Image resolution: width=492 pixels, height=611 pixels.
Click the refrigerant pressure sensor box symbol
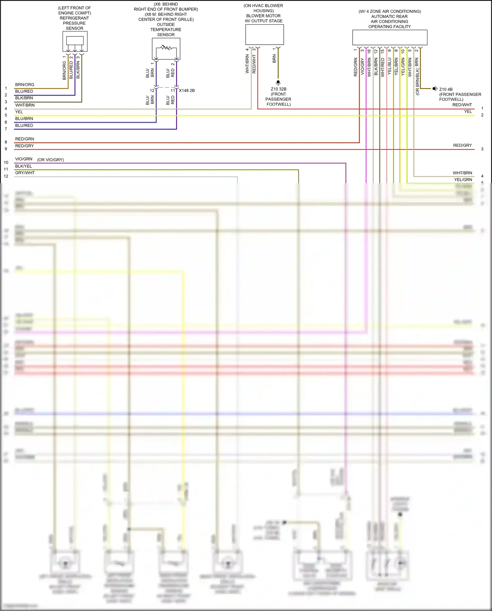pos(75,41)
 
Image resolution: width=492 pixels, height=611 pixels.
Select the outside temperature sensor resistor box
pos(166,49)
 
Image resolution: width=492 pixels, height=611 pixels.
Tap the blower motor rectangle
pos(264,34)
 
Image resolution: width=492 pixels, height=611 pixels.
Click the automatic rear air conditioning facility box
pos(390,37)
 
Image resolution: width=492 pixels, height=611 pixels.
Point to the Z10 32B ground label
pos(278,89)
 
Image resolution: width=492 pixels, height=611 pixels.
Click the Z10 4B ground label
pos(446,89)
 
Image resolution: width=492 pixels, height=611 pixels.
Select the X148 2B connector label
pos(187,91)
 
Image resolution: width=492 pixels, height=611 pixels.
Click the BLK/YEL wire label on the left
pos(24,166)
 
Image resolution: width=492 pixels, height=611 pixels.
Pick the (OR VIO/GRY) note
pos(51,160)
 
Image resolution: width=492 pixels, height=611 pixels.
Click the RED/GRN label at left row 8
pos(25,139)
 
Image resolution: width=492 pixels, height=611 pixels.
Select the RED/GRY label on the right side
pos(462,145)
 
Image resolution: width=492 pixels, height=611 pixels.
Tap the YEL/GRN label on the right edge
pos(463,180)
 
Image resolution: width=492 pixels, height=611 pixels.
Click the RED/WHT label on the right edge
pos(462,105)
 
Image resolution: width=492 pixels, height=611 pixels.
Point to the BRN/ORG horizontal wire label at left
pos(25,85)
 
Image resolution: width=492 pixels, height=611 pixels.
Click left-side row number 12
pos(6,176)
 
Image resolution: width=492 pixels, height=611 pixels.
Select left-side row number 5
pos(6,115)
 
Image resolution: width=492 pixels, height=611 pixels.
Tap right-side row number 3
pos(482,149)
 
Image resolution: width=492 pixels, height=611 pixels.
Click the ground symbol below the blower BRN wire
pos(278,82)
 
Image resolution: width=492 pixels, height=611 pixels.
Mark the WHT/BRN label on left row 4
pos(25,105)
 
